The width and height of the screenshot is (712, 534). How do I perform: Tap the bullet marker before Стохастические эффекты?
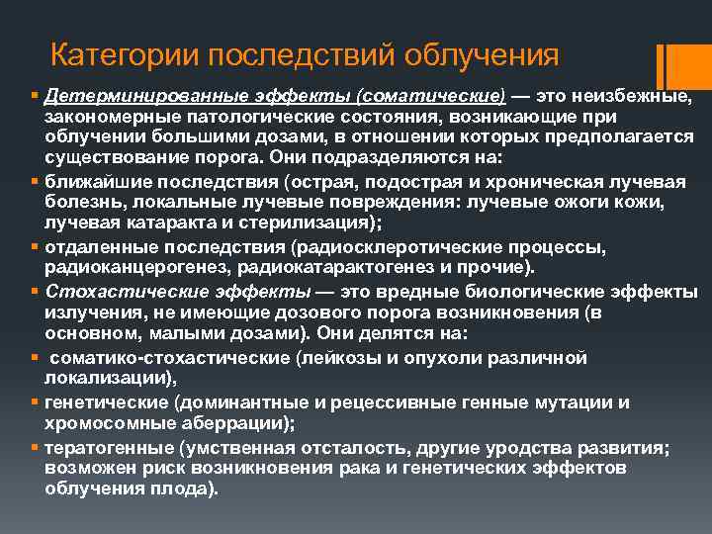(x=35, y=292)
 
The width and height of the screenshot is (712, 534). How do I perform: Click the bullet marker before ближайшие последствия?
(x=35, y=182)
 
